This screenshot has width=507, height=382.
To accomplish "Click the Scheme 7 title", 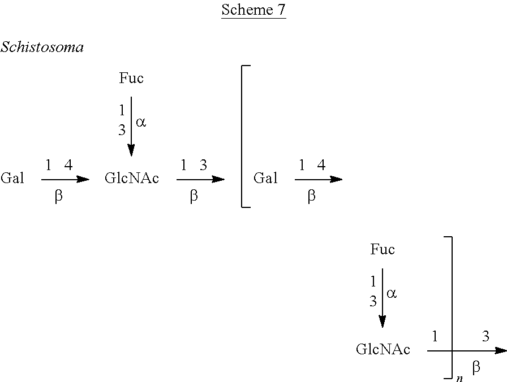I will click(253, 10).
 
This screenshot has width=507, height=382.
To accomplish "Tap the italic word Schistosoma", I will click(42, 47).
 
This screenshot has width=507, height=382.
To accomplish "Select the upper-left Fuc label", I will click(131, 79).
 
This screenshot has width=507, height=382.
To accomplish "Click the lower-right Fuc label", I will click(383, 250).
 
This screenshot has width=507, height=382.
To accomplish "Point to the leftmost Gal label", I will click(12, 179).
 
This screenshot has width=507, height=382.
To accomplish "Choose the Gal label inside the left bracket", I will click(265, 179).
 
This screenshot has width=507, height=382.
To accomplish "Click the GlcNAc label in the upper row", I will click(132, 179).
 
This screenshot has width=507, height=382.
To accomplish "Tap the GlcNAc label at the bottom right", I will click(383, 350).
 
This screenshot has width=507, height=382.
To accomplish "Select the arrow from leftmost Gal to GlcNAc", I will click(65, 179).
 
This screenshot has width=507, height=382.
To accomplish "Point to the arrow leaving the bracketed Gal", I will click(318, 179).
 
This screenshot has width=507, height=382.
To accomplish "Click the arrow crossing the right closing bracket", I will click(466, 350).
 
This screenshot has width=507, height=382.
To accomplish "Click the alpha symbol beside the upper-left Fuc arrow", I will click(141, 121).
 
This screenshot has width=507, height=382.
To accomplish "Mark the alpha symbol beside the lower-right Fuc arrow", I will click(392, 293).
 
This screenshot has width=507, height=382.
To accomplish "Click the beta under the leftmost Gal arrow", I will click(58, 197).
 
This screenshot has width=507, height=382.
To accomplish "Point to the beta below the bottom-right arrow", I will click(476, 367).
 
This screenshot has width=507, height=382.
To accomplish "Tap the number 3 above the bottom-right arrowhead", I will click(485, 337).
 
